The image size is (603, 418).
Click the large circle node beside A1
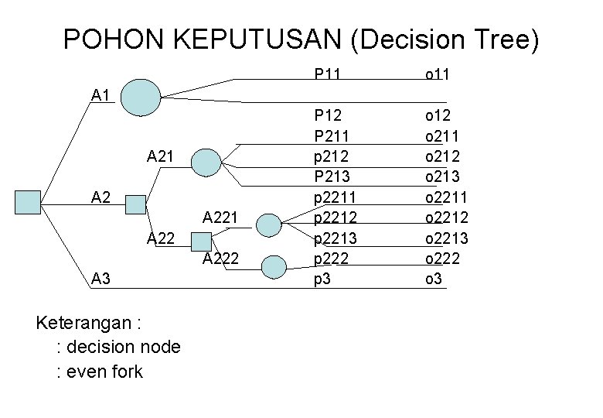coord(141,97)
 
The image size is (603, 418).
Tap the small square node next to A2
coord(136,204)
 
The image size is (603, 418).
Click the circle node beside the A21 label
coord(206,163)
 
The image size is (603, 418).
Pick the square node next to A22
coord(200,242)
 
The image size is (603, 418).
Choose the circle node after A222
coord(274,267)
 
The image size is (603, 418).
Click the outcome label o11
coord(438,74)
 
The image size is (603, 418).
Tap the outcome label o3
coord(433,278)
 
